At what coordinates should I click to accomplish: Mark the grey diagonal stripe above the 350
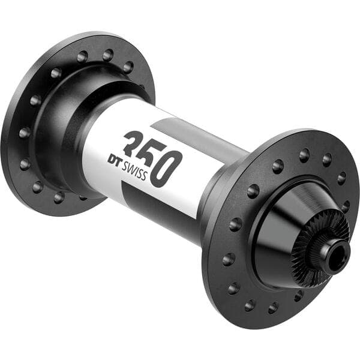pos(198,138)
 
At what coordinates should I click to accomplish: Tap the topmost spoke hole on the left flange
pos(107,55)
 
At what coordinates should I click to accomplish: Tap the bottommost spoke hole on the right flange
pos(273,307)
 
